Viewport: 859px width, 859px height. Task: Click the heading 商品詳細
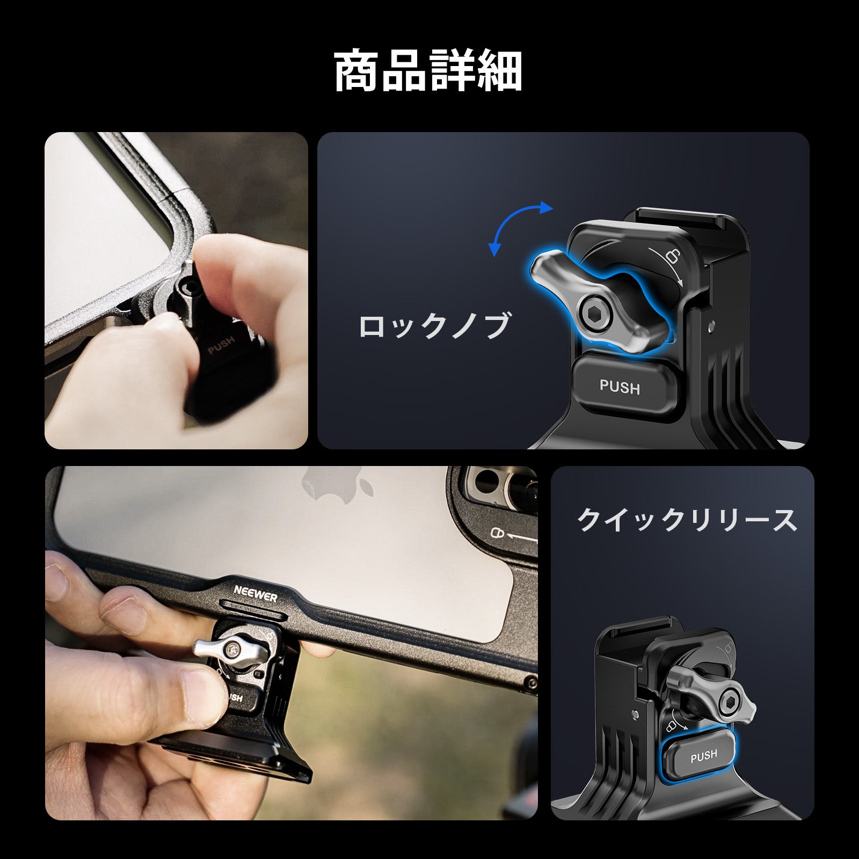pyautogui.click(x=428, y=72)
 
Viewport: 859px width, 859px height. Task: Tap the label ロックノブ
pyautogui.click(x=433, y=326)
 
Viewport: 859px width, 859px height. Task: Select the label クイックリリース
pyautogui.click(x=687, y=520)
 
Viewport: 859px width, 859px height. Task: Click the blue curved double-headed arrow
pyautogui.click(x=520, y=228)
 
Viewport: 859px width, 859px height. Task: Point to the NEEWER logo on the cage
pyautogui.click(x=256, y=593)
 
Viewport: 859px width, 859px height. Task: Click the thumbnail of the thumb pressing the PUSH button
pyautogui.click(x=176, y=290)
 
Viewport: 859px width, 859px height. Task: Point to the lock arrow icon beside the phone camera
pyautogui.click(x=514, y=535)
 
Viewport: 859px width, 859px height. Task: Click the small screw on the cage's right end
pyautogui.click(x=532, y=683)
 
